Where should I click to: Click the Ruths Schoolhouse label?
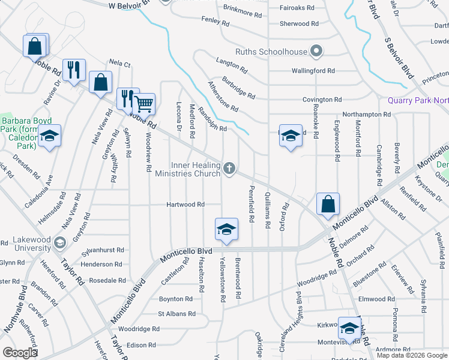[271, 52]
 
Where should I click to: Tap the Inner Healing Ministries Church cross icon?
[229, 169]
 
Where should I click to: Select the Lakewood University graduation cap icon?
[59, 242]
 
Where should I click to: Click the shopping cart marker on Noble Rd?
[144, 104]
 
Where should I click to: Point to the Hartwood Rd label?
[185, 205]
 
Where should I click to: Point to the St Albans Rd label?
[176, 314]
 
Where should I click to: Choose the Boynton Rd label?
[175, 299]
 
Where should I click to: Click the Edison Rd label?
[141, 345]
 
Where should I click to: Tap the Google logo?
[20, 352]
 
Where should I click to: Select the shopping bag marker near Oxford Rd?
[328, 205]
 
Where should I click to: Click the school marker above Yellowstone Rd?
[226, 229]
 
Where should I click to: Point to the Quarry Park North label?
[418, 100]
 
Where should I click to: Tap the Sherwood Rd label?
[298, 24]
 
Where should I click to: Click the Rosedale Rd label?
[106, 280]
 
